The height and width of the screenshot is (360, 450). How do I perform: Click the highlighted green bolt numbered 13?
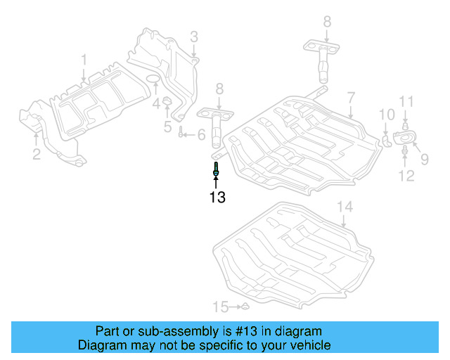216,168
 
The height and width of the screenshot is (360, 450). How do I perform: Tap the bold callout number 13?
217,198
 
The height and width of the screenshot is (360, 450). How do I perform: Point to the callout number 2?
36,153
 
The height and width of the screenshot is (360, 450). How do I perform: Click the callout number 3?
193,36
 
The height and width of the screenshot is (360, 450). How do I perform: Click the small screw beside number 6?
181,134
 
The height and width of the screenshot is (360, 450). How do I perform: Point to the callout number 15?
221,307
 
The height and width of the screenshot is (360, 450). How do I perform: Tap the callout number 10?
387,114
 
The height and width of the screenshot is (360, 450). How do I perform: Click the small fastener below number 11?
406,127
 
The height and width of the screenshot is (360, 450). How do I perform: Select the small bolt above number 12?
406,149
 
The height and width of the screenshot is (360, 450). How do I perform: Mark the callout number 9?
424,159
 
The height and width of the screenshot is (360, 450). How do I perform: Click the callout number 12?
406,176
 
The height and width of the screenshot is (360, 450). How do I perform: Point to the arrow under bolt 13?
216,182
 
